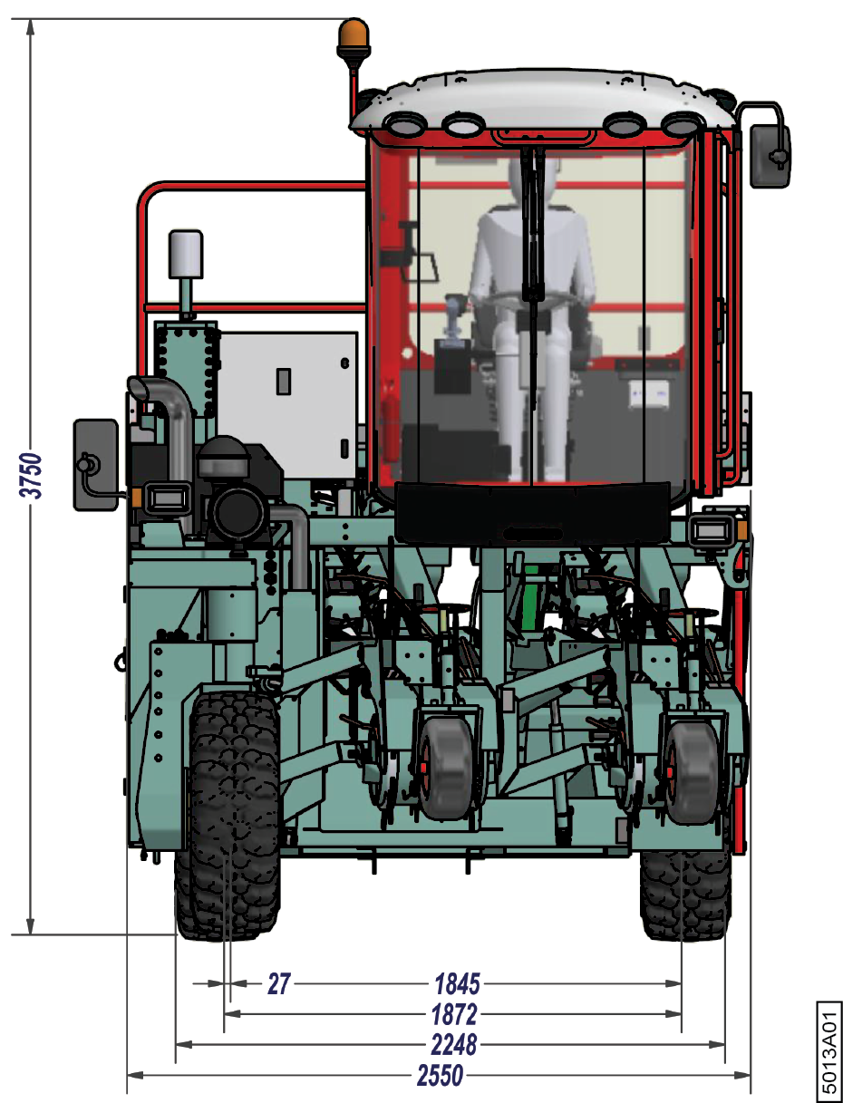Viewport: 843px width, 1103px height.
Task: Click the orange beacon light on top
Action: click(x=354, y=38)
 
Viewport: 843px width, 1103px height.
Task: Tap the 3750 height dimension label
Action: click(x=31, y=476)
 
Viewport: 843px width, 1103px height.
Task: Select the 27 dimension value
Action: click(x=279, y=983)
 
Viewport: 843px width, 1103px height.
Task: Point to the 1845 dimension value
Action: click(x=457, y=983)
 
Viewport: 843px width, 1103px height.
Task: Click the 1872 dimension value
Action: click(x=454, y=1014)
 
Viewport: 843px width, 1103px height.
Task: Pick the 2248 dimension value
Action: click(x=454, y=1045)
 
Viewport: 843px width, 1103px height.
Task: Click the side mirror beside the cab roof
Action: click(x=770, y=156)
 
